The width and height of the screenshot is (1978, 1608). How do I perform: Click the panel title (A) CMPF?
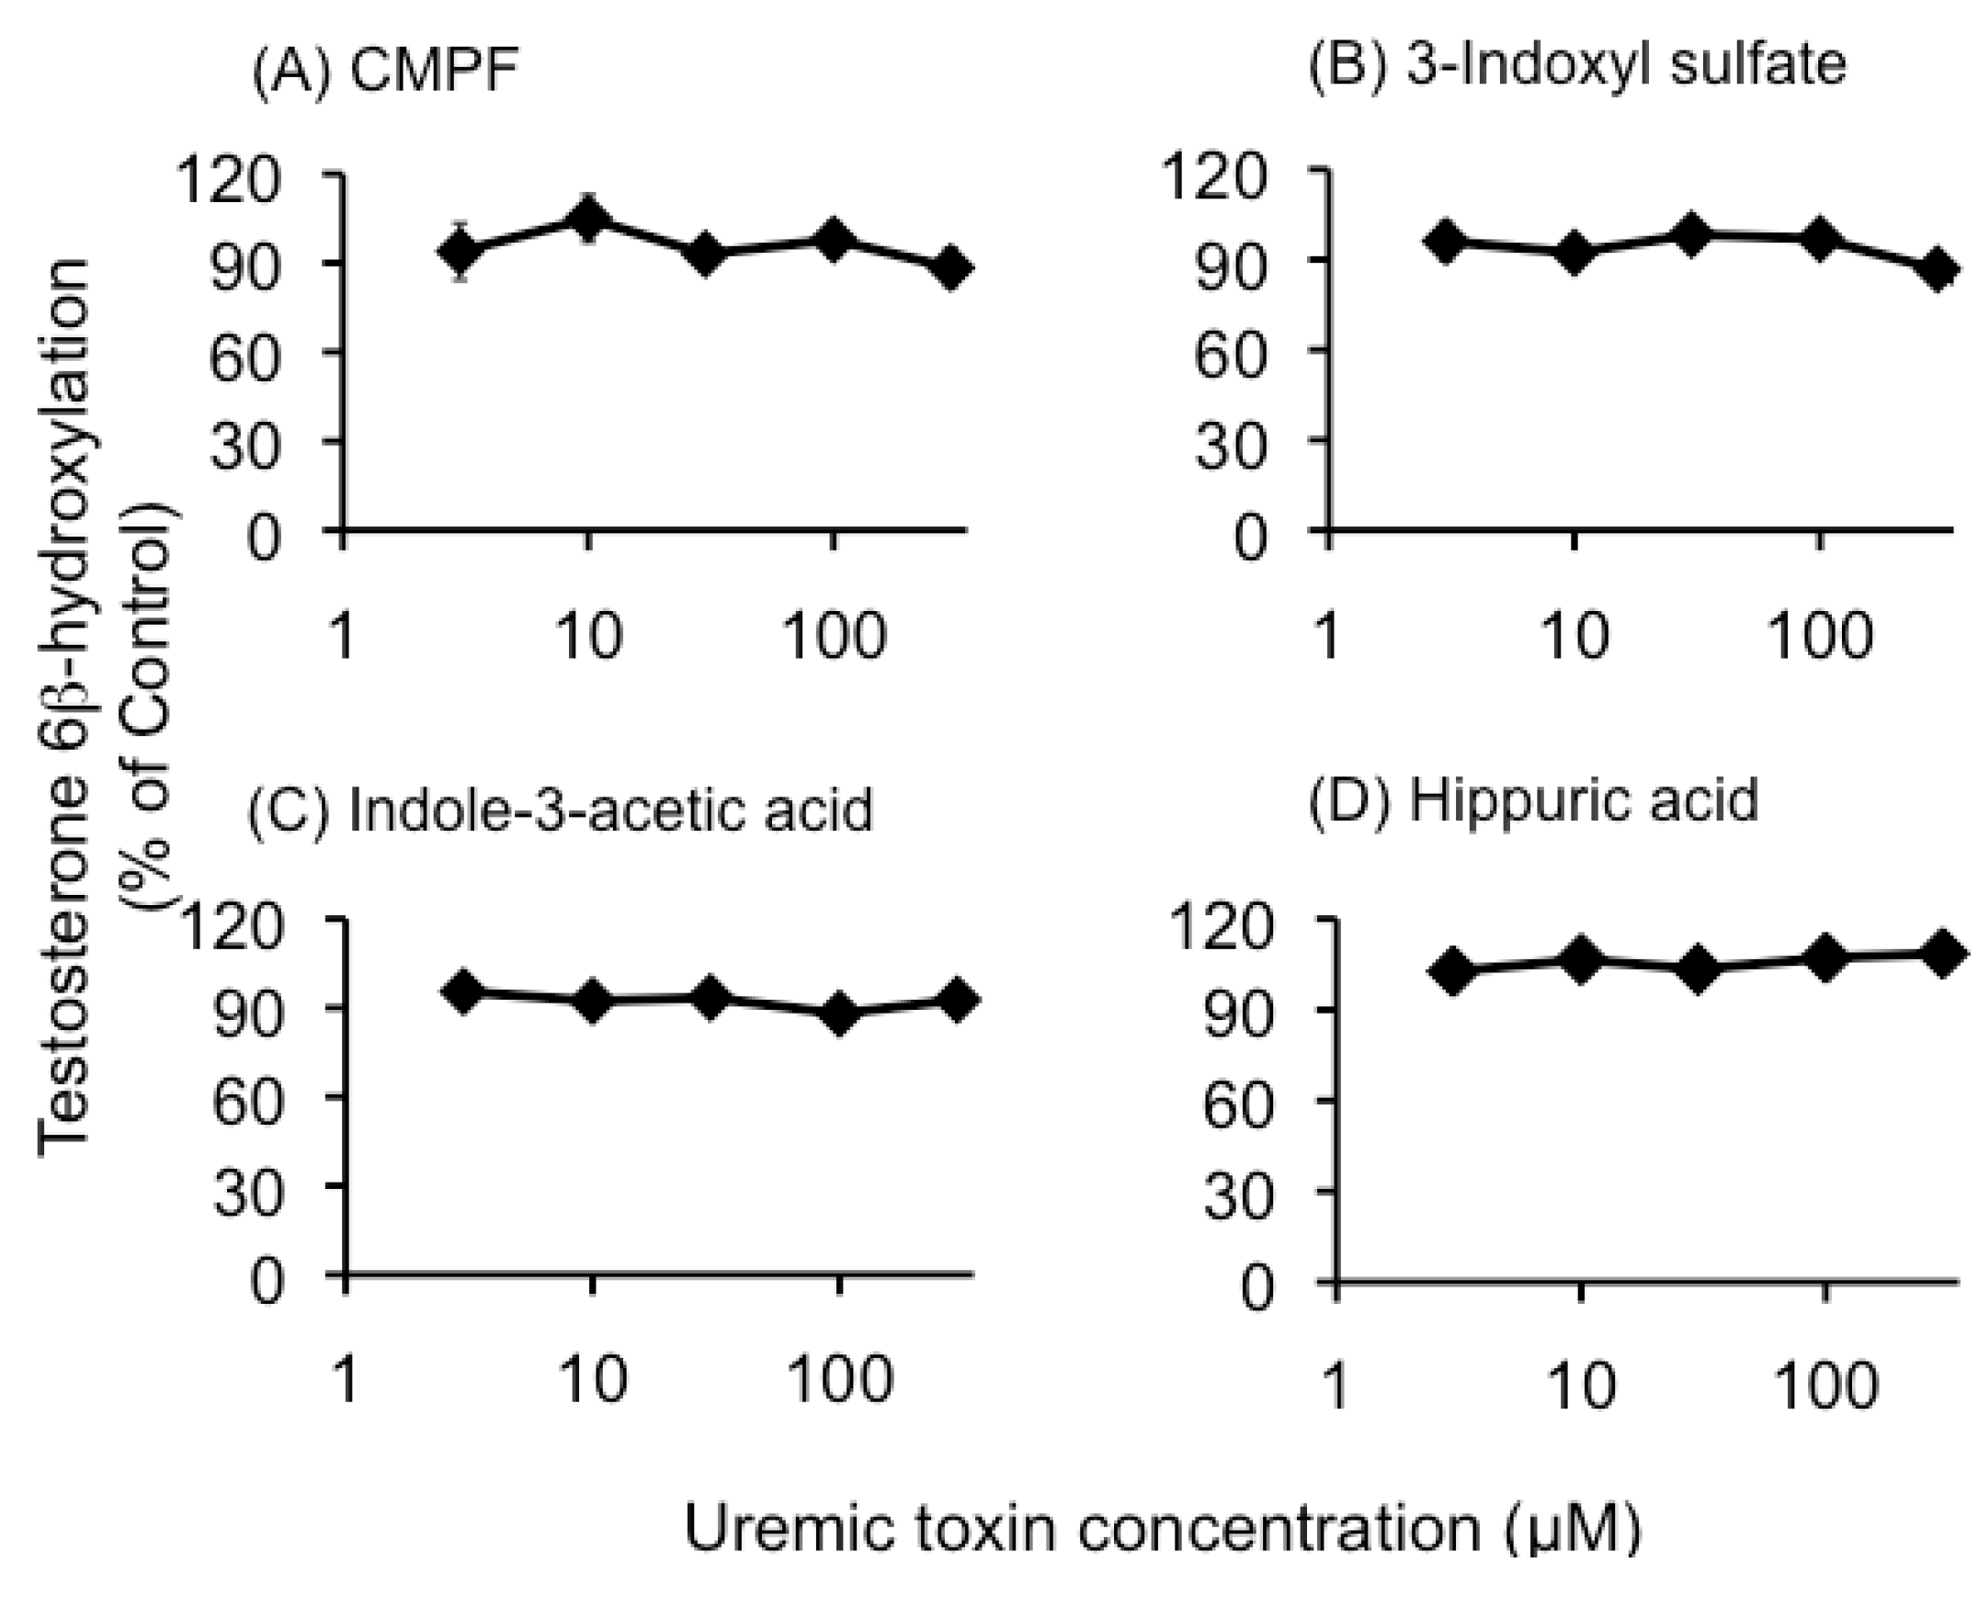[x=383, y=71]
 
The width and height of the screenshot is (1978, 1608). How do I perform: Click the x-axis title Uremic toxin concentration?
[x=1162, y=1527]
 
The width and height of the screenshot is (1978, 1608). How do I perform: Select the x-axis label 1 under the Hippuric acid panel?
[x=1336, y=1385]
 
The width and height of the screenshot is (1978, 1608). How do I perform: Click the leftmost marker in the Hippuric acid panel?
[x=1451, y=969]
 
